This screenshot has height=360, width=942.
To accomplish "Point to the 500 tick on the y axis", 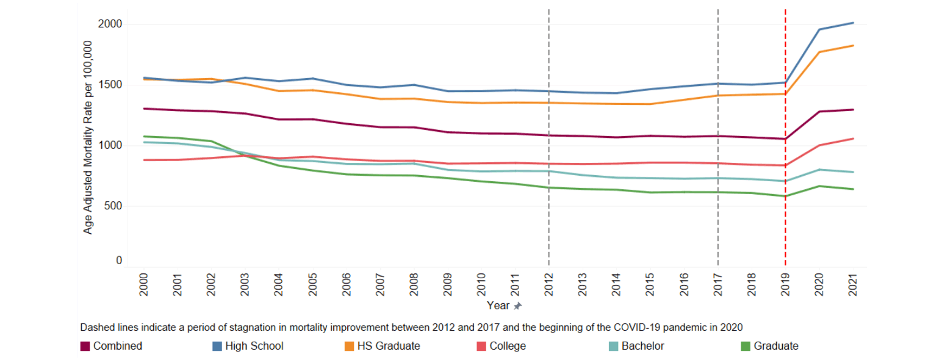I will click(114, 206).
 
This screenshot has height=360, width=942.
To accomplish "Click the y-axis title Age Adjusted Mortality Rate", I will click(88, 137).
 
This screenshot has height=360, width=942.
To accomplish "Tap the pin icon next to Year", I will click(518, 305).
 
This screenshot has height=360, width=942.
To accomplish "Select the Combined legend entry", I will click(118, 346).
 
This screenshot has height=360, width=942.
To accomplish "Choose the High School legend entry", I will click(254, 346).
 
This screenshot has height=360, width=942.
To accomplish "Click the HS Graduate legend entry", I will click(388, 346).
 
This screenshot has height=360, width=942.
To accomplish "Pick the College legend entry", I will click(507, 346).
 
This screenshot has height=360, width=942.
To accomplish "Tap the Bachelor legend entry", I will click(642, 346).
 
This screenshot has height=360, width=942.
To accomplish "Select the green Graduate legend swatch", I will click(746, 346).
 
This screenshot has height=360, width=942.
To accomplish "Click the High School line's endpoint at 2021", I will click(853, 23).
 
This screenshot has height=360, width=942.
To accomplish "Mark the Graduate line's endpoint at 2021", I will click(853, 189).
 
